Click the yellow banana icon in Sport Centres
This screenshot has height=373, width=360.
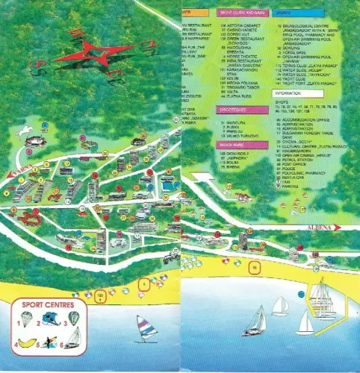coord(25,343)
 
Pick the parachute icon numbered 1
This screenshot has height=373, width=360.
coord(25,322)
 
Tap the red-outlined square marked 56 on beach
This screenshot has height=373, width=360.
coord(255,267)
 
